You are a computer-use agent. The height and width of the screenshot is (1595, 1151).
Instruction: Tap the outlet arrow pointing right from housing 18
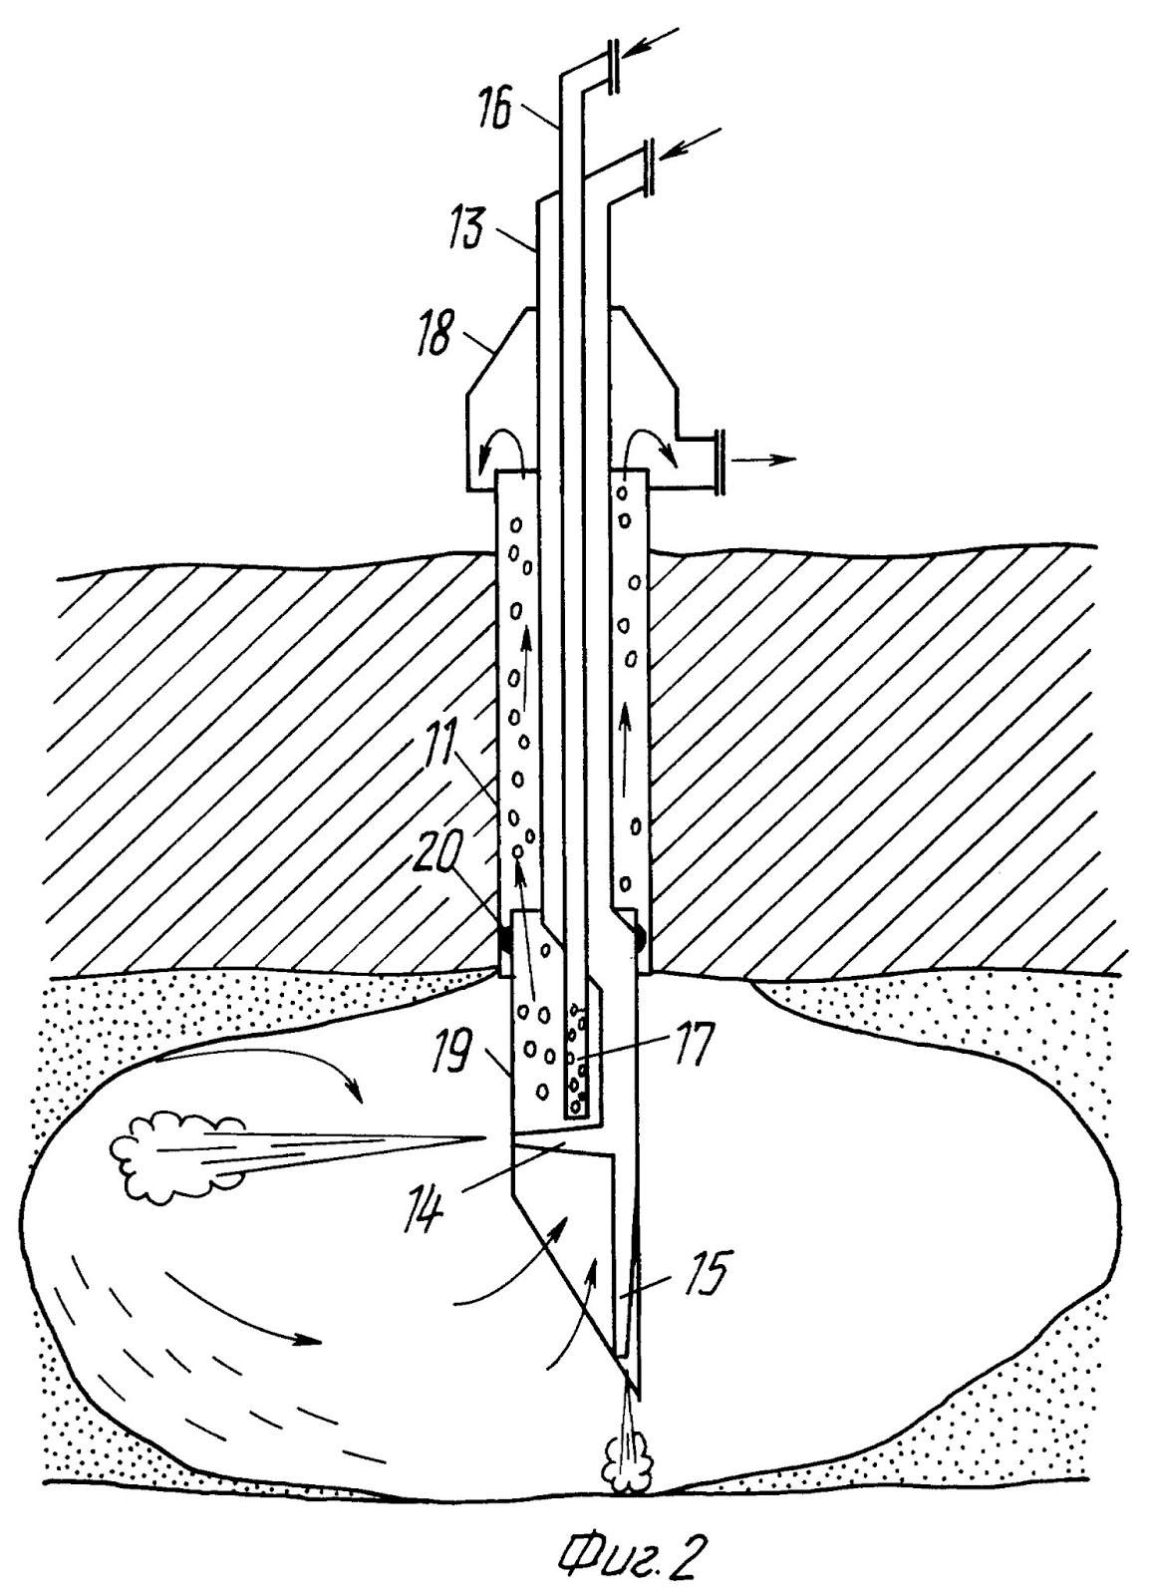tap(765, 460)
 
